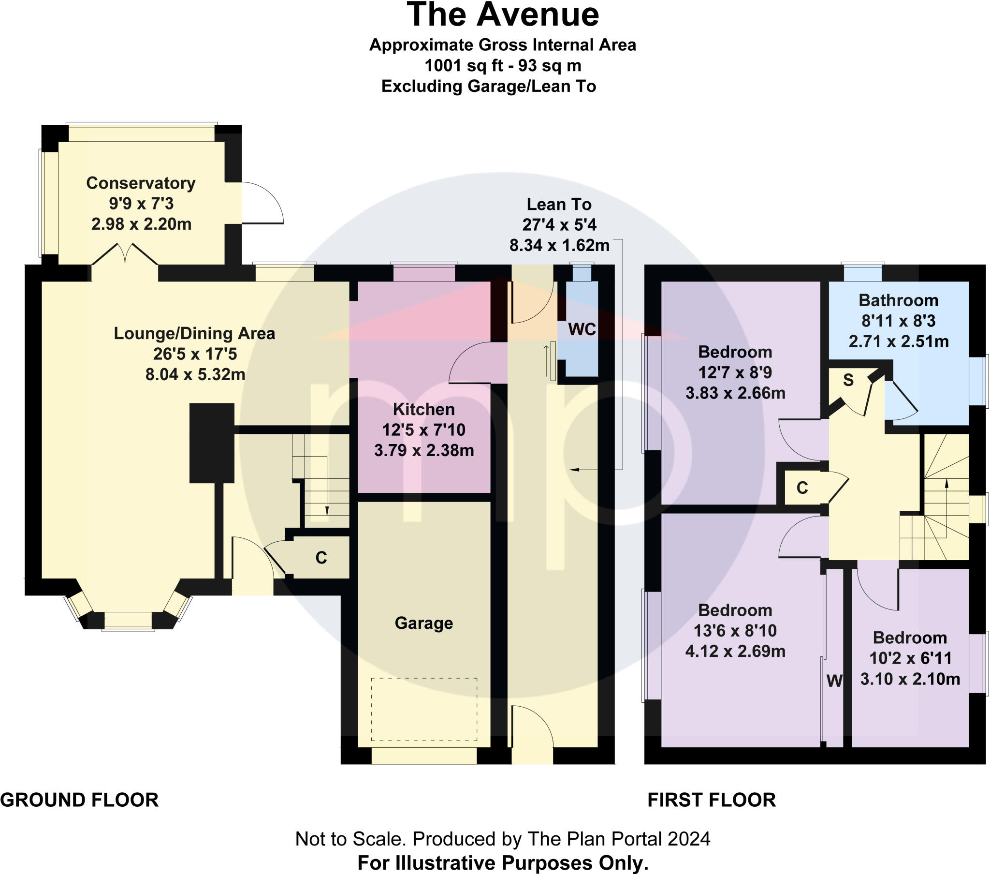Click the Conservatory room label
tap(141, 183)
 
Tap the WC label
tap(582, 330)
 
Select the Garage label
tap(424, 623)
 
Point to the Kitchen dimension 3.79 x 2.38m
tap(424, 450)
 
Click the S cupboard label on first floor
tap(848, 380)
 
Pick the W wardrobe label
tap(834, 681)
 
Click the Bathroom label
tap(899, 300)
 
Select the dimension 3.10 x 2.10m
tap(910, 679)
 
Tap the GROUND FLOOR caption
tap(79, 800)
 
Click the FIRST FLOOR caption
tap(712, 800)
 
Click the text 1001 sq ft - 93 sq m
tap(503, 65)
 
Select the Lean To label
tap(559, 205)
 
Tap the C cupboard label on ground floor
tap(321, 558)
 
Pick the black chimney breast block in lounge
tap(212, 443)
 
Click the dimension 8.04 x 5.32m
tap(195, 375)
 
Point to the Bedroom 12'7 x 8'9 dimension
tap(735, 373)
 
